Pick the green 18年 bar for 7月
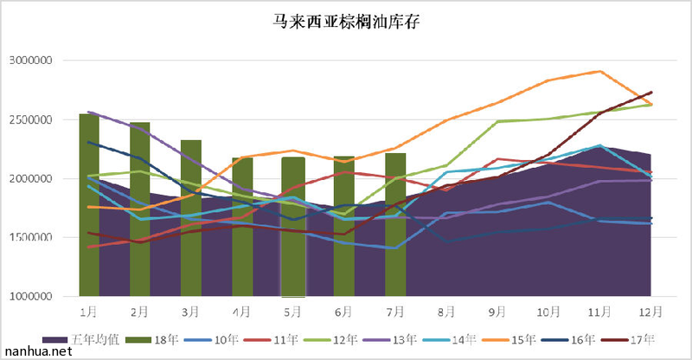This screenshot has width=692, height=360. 395,224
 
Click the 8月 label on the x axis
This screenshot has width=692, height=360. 446,310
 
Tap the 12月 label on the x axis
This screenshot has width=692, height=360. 650,310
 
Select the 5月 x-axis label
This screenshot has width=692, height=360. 292,310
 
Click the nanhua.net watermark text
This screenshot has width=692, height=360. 35,352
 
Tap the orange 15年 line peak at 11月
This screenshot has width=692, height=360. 600,71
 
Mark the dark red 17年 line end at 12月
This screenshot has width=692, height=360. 650,92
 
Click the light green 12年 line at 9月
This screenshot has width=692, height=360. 497,121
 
